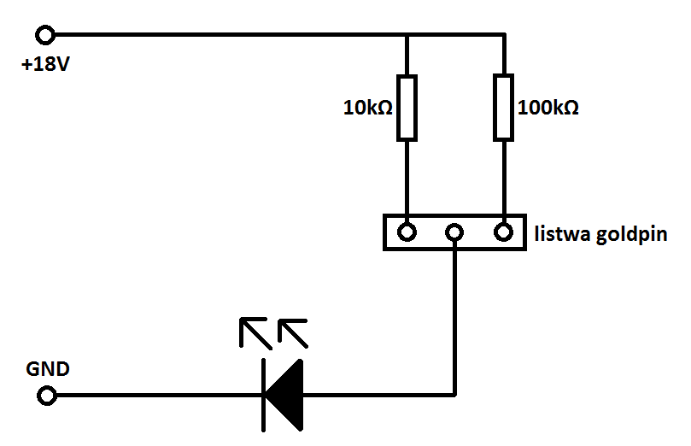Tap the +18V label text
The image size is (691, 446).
[45, 64]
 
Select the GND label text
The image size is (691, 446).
[48, 369]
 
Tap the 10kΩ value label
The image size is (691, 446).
[368, 108]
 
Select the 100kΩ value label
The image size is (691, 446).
[548, 108]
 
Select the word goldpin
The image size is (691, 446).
[631, 235]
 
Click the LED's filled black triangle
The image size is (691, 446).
[289, 396]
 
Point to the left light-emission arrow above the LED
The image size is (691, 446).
[255, 332]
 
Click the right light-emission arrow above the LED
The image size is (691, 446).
[293, 333]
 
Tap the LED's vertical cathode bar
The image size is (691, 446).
[264, 396]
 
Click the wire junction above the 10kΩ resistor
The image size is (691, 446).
[407, 35]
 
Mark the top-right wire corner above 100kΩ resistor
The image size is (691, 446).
[504, 34]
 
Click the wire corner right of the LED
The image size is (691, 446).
[454, 395]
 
